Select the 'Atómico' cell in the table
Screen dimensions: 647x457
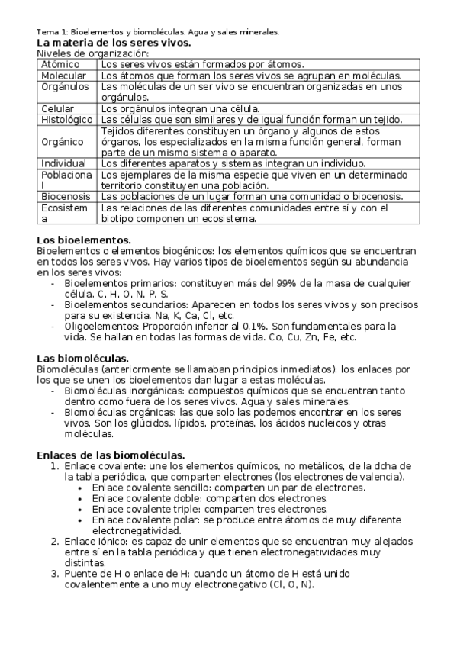coord(60,65)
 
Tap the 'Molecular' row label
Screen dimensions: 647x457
coord(63,76)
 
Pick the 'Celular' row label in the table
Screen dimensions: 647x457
coord(57,108)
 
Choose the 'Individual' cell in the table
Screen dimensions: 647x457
coord(64,163)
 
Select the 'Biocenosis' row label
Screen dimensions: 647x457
coord(66,196)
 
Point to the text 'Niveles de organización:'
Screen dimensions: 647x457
coord(93,53)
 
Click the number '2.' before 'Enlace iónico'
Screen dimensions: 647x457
coord(54,541)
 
